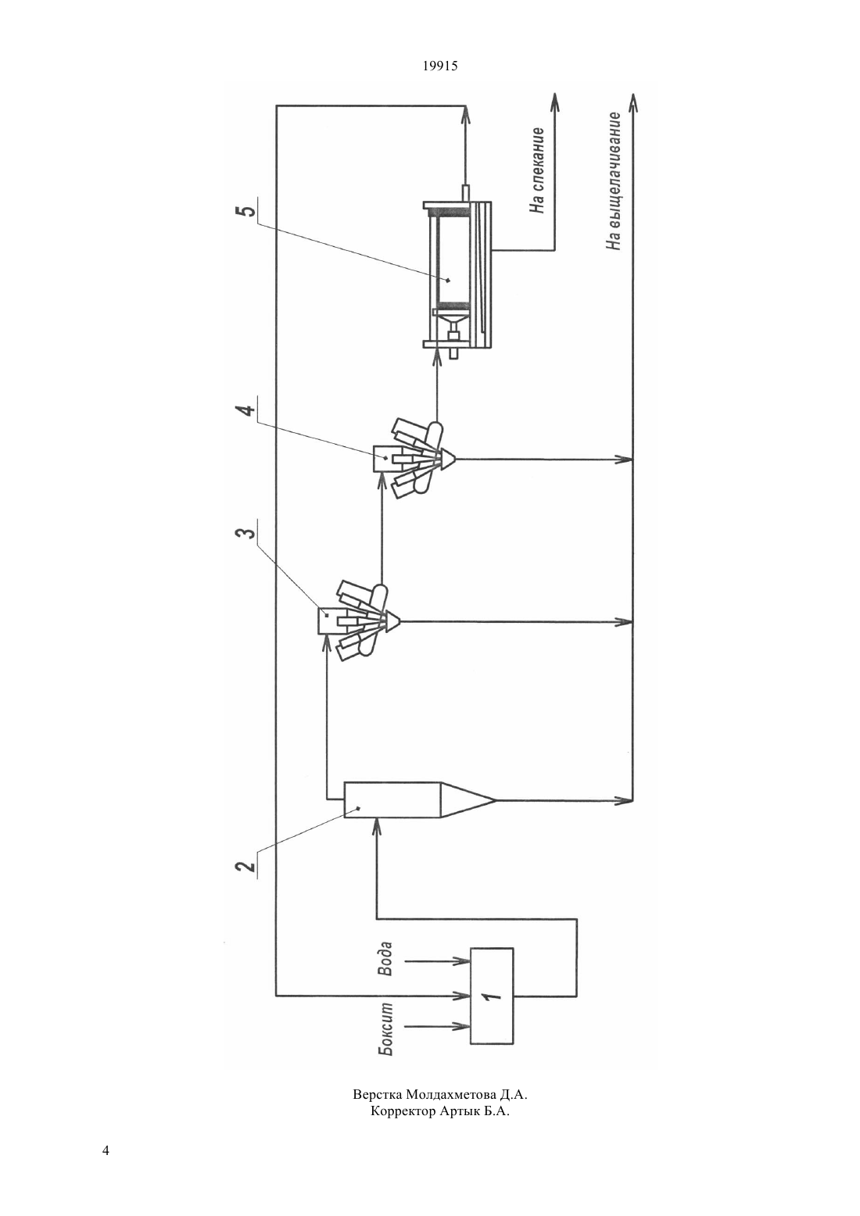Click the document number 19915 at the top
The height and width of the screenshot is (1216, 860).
pos(439,66)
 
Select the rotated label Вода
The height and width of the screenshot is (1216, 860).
pos(385,959)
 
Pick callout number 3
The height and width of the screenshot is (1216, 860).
pos(246,533)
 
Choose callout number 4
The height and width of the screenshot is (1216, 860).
pos(246,410)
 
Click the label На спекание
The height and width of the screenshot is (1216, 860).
pos(537,170)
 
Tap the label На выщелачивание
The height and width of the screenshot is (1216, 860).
pos(614,181)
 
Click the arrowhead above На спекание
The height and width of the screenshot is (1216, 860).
pos(554,101)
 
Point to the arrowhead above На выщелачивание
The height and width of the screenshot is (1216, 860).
pos(632,101)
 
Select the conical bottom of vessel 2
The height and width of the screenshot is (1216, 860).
pos(466,799)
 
